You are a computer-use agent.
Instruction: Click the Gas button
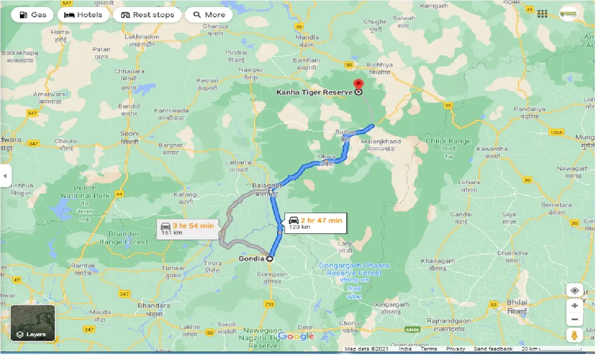click(33, 15)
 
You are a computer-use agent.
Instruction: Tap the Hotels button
click(84, 15)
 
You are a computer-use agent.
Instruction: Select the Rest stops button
click(148, 15)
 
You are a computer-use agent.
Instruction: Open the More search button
click(209, 15)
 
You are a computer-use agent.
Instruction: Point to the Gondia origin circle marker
click(270, 259)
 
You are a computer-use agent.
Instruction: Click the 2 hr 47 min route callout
click(315, 223)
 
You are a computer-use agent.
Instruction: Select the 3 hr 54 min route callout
click(187, 229)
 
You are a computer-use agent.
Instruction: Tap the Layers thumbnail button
click(33, 323)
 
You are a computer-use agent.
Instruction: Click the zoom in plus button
click(574, 306)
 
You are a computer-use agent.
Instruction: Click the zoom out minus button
click(574, 320)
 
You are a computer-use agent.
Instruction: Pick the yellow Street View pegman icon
click(574, 335)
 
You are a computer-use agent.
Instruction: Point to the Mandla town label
click(307, 37)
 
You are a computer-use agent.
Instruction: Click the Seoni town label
click(129, 134)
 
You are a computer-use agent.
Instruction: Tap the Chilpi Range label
click(448, 141)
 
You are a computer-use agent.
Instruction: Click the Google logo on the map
click(296, 337)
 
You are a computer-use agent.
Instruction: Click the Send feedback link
click(493, 349)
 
